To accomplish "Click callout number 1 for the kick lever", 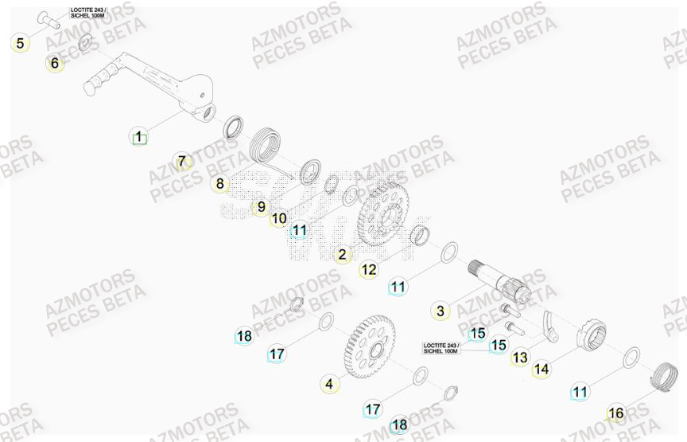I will tap(138, 137).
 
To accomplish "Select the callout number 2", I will tap(343, 255).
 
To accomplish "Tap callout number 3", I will tap(441, 311).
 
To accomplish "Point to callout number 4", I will tap(329, 385).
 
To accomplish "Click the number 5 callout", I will tap(20, 43).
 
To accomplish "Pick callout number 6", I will tap(54, 63).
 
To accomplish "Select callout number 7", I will tap(182, 162).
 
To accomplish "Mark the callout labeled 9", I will tap(260, 208).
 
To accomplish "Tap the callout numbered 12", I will tap(368, 270).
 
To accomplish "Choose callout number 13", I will tap(519, 358).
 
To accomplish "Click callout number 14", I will tap(541, 370).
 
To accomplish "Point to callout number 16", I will tap(615, 413).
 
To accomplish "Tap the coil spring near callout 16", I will tap(662, 377).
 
